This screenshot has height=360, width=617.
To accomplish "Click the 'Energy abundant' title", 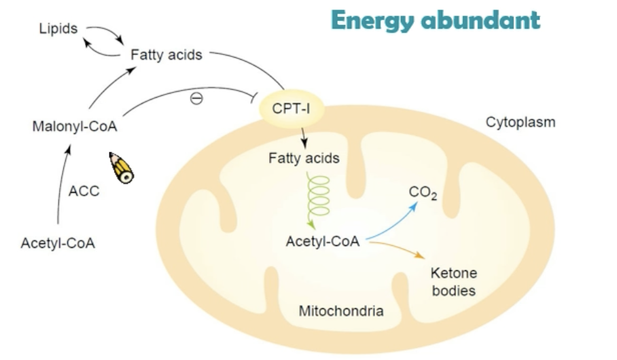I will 436,20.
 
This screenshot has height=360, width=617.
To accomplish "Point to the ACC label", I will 84,191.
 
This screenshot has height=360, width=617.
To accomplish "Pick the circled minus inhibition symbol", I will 196,98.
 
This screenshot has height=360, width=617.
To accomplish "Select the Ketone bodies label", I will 454,281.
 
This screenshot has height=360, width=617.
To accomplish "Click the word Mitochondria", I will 341,311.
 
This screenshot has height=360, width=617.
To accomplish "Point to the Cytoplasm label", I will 521,122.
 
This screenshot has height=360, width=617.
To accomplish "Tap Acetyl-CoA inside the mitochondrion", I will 323,240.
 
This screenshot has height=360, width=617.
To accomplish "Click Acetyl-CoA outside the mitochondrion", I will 58,242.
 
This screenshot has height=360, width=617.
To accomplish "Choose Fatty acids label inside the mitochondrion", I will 304,158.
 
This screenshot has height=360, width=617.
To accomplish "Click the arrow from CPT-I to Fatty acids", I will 303,136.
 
